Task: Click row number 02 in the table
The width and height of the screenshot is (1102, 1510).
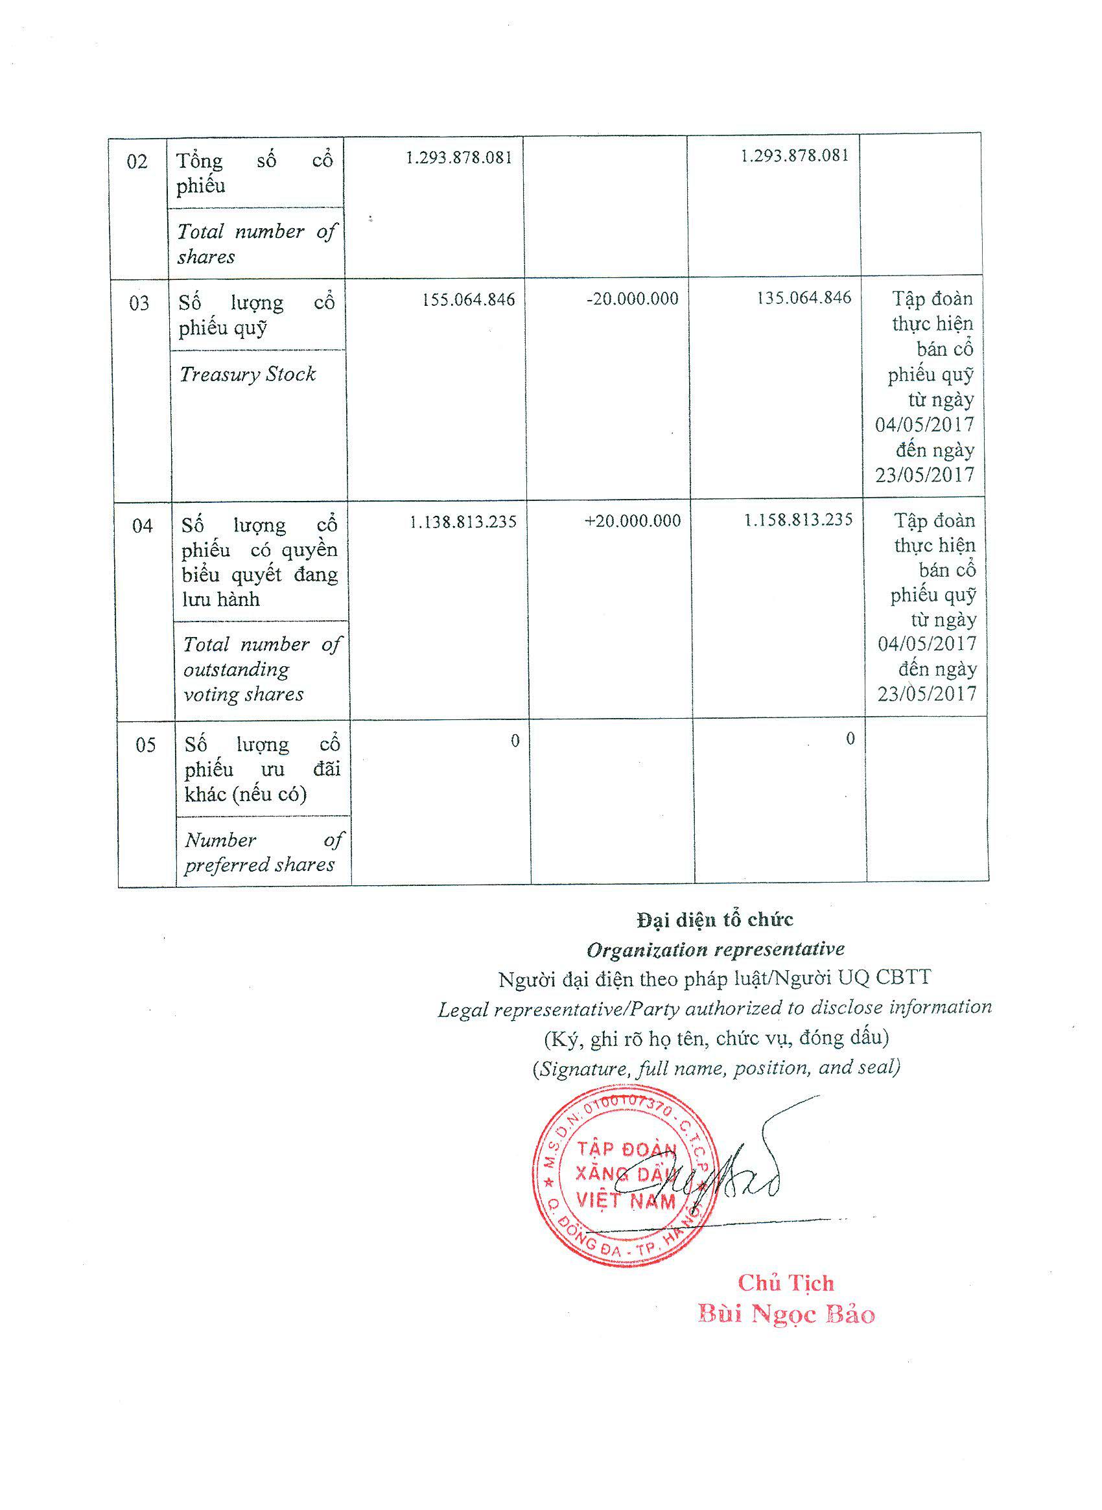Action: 137,162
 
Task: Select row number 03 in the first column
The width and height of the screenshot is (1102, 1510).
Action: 139,304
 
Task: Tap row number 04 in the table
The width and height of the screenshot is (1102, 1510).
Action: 142,526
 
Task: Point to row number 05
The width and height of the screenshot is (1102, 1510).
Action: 146,745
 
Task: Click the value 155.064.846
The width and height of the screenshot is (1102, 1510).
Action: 468,299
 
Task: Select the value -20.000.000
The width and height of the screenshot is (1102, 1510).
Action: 633,299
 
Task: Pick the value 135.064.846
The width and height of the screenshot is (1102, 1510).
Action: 804,297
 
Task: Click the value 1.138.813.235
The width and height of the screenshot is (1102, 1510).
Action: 463,522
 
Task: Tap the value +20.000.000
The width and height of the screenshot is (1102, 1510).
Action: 633,521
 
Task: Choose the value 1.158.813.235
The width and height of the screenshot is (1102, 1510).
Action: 799,520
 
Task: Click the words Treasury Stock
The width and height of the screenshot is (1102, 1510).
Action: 248,374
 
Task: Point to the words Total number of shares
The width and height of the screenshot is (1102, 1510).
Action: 257,244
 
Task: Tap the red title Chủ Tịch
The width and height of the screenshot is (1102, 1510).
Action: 785,1283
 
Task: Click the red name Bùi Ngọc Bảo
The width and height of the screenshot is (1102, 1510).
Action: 786,1314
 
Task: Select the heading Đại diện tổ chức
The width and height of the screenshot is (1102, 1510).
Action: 715,920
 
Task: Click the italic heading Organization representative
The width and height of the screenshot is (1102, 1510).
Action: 715,949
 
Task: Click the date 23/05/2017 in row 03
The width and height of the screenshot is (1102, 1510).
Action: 924,475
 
